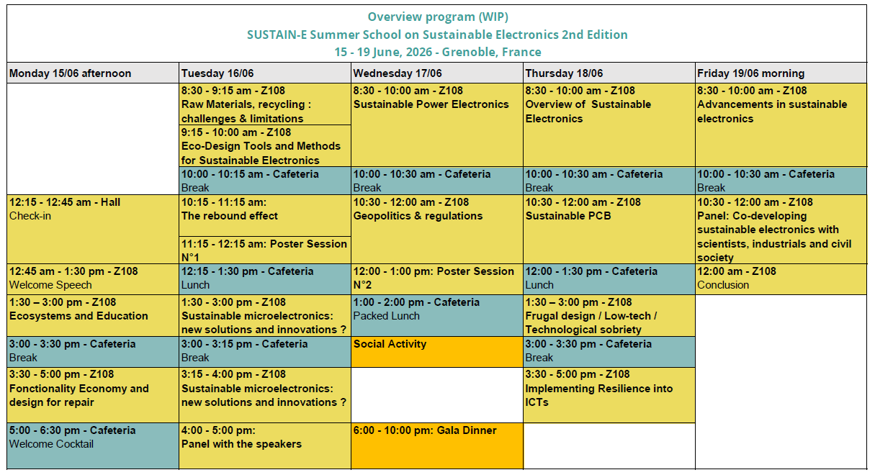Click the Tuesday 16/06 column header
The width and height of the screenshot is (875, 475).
click(x=217, y=73)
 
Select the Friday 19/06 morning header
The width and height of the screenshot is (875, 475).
click(x=750, y=73)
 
